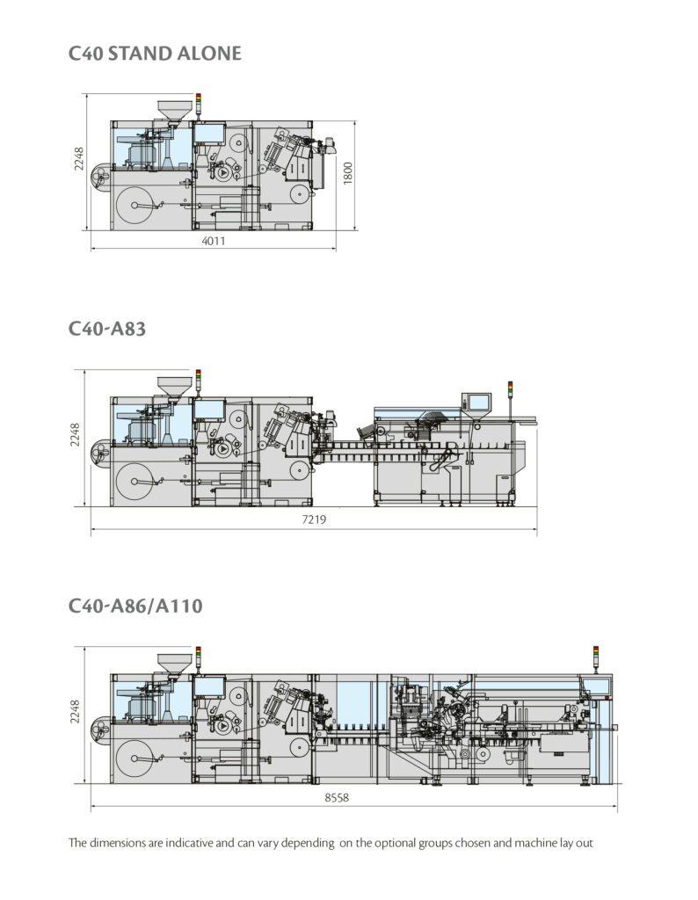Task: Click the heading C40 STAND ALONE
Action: pyautogui.click(x=155, y=54)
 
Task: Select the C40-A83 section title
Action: pyautogui.click(x=106, y=329)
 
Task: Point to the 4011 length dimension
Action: pyautogui.click(x=213, y=241)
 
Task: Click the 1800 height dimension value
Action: pyautogui.click(x=348, y=173)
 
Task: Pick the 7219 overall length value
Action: pyautogui.click(x=314, y=520)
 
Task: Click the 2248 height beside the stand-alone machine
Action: pyautogui.click(x=79, y=158)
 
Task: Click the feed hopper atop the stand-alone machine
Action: pyautogui.click(x=173, y=112)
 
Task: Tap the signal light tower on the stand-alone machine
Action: pyautogui.click(x=199, y=104)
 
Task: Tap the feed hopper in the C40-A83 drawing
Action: pyautogui.click(x=173, y=388)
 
